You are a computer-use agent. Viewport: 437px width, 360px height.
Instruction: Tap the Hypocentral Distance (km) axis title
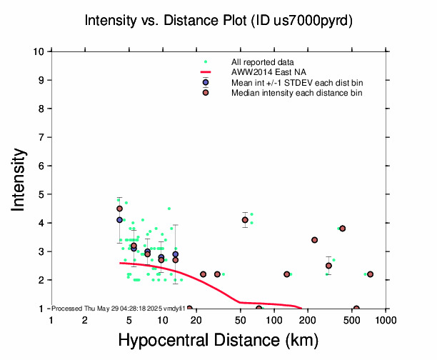pyautogui.click(x=218, y=341)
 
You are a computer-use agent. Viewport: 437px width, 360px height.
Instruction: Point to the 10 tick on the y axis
pyautogui.click(x=40, y=51)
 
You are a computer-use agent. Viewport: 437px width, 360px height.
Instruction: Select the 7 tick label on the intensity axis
pyautogui.click(x=42, y=137)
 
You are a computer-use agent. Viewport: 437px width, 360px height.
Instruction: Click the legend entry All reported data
pyautogui.click(x=261, y=62)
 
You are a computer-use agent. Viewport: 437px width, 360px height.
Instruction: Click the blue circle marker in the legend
pyautogui.click(x=206, y=83)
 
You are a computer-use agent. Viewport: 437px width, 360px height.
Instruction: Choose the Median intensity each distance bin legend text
pyautogui.click(x=296, y=93)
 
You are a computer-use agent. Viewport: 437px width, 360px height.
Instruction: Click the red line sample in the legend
pyautogui.click(x=206, y=72)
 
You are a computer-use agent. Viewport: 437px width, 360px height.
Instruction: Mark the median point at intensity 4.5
pyautogui.click(x=120, y=209)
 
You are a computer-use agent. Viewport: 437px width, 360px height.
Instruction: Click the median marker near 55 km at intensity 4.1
pyautogui.click(x=245, y=220)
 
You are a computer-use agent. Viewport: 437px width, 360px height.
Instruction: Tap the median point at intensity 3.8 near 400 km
pyautogui.click(x=343, y=229)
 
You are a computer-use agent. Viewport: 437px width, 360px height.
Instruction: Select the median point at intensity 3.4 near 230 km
pyautogui.click(x=314, y=240)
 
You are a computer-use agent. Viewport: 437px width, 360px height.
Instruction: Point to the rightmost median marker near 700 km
pyautogui.click(x=370, y=274)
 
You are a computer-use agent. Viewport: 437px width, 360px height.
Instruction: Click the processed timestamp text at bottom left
pyautogui.click(x=119, y=308)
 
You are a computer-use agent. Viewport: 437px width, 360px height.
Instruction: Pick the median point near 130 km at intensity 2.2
pyautogui.click(x=286, y=274)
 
